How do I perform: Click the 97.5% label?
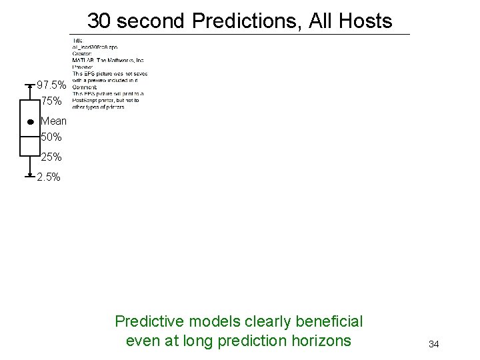coord(51,85)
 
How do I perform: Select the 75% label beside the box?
coord(51,101)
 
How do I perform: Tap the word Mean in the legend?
coord(53,121)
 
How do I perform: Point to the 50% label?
coord(51,137)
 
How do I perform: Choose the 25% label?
coord(51,157)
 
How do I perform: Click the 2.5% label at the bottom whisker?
coord(49,177)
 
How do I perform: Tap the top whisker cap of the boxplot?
coord(30,85)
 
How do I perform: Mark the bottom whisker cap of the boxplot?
coord(30,177)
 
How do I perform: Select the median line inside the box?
coord(30,137)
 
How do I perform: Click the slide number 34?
coord(433,344)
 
